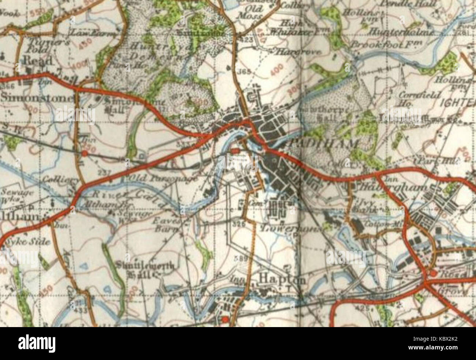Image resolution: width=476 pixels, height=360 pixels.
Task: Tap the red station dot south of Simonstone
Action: tap(85, 153)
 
